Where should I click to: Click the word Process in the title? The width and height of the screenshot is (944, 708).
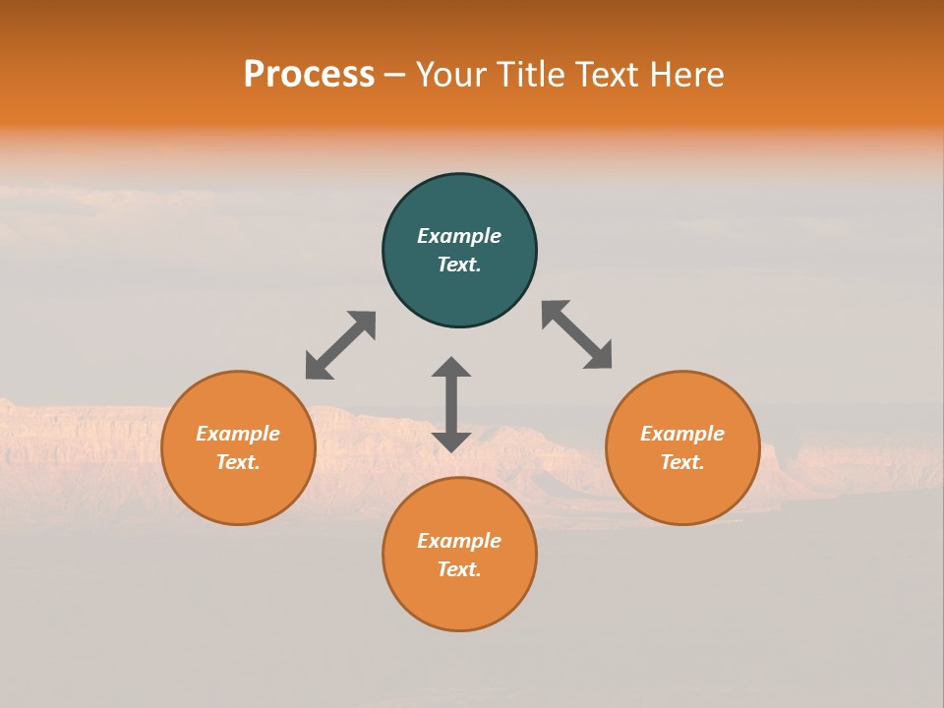(x=309, y=75)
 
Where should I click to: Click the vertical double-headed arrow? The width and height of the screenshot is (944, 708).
(x=451, y=404)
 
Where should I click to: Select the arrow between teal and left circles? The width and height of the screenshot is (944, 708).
(x=340, y=345)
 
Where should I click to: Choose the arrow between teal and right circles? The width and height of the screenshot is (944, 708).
(x=577, y=334)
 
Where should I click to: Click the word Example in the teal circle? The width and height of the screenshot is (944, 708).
(x=459, y=236)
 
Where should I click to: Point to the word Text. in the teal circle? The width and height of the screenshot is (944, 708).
(x=459, y=265)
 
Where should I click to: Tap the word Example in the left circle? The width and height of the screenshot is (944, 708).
(x=238, y=434)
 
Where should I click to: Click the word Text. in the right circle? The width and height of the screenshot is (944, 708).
(x=682, y=462)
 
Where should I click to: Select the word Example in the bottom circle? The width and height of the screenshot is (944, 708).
(x=459, y=541)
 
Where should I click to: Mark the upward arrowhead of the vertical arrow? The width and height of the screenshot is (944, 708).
(x=451, y=367)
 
